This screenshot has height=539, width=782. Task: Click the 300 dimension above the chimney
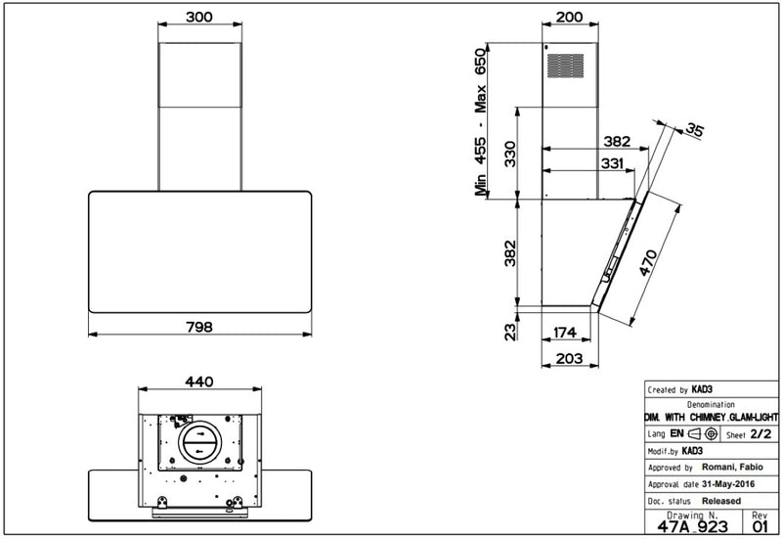[x=199, y=19]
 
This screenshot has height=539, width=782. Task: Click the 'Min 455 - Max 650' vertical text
[x=480, y=123]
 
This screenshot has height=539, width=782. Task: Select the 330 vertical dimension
[x=508, y=154]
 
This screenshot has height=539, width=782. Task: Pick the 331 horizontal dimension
[x=613, y=165]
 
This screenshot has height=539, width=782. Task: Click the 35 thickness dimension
[x=694, y=129]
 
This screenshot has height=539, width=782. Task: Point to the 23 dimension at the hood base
[x=508, y=333]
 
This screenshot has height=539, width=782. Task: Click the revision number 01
[x=761, y=526]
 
